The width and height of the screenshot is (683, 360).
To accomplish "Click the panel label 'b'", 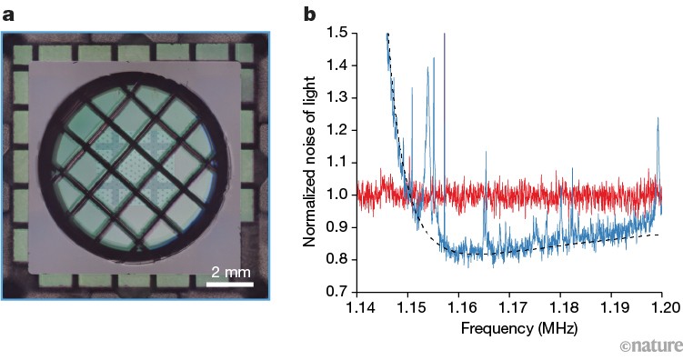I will pyautogui.click(x=309, y=13).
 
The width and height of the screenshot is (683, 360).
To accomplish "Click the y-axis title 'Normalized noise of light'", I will pyautogui.click(x=311, y=162).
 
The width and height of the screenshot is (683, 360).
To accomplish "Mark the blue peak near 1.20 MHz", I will pyautogui.click(x=658, y=120).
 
